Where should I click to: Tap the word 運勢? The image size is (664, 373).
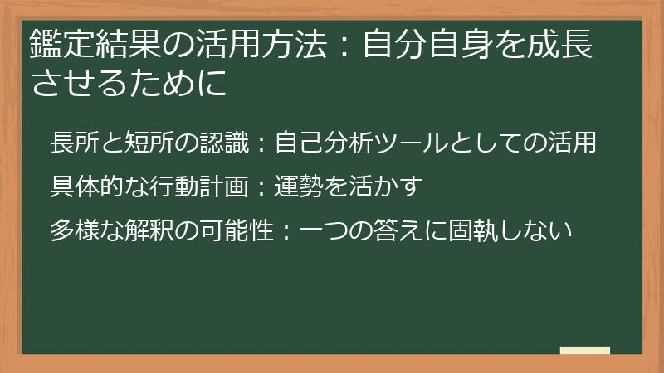[x=299, y=186]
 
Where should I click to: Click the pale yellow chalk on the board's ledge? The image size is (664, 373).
[x=585, y=351]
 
